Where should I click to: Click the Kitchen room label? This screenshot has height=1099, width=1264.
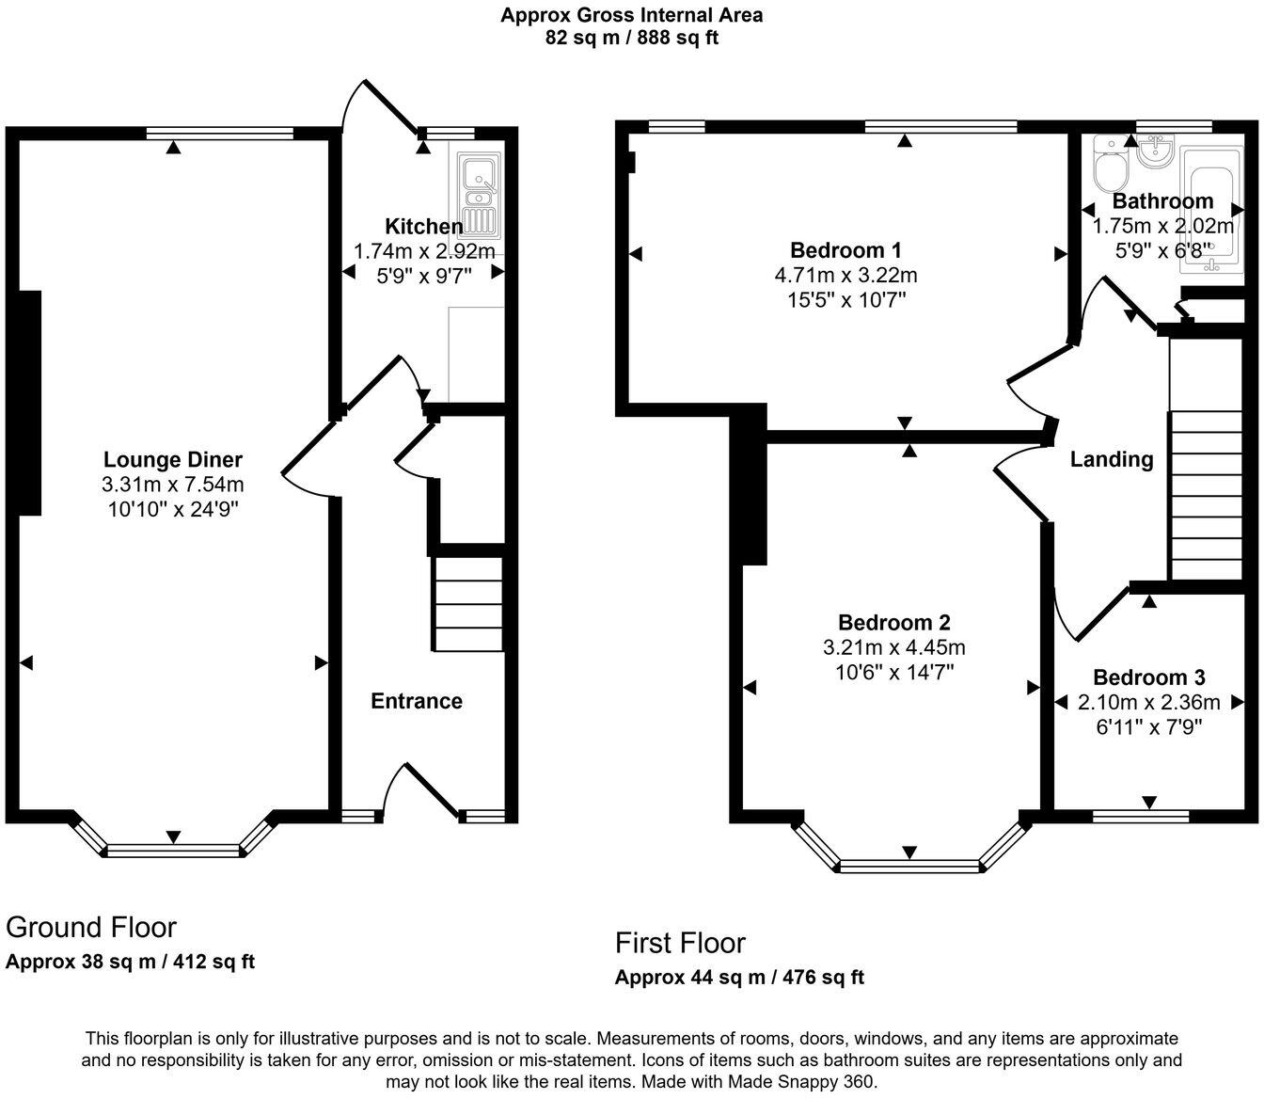[424, 227]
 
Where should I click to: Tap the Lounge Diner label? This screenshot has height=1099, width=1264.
[173, 460]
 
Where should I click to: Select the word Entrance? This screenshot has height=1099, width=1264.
[417, 701]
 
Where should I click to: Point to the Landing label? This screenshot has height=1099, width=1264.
[1112, 460]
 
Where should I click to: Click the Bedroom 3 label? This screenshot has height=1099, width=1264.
[1149, 677]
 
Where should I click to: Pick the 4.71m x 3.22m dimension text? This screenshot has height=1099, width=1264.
[845, 275]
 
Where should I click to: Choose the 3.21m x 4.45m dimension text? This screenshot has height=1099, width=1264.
[894, 647]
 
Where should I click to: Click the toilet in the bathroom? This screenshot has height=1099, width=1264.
[1110, 163]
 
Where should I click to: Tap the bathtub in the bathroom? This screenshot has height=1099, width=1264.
[1211, 210]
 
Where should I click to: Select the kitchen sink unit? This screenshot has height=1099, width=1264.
[480, 196]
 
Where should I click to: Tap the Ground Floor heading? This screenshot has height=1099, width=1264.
[91, 927]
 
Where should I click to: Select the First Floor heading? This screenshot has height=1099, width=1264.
[680, 943]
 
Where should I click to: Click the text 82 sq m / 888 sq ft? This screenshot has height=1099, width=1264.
[631, 38]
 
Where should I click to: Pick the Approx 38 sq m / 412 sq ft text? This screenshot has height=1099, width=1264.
[130, 962]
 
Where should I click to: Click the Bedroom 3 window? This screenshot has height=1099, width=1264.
[1141, 817]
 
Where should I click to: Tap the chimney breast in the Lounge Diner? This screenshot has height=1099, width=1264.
[30, 403]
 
